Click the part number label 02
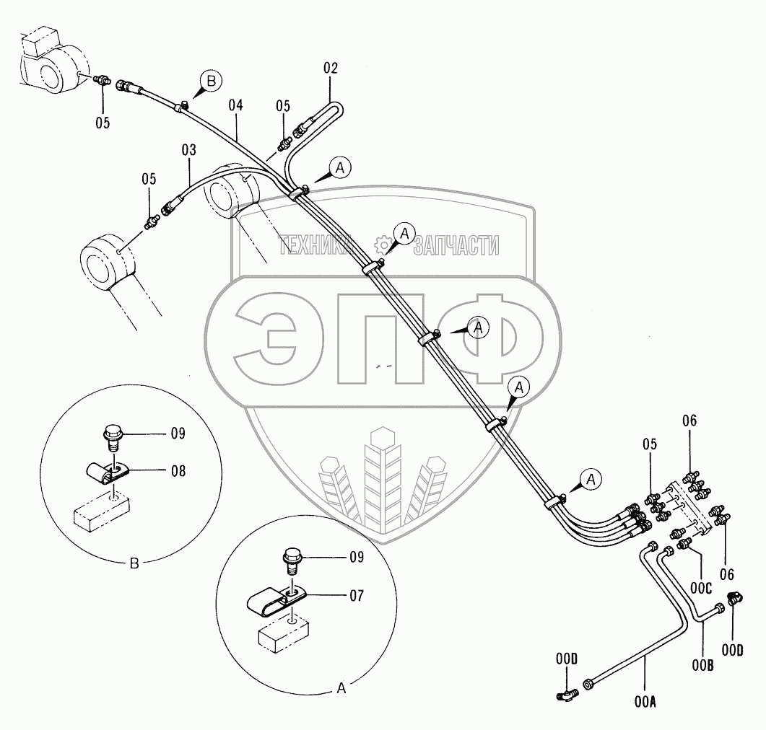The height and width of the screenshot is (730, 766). tap(331, 69)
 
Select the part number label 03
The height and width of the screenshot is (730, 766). tap(188, 151)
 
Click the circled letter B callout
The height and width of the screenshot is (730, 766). tap(211, 82)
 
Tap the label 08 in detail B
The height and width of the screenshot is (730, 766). tap(177, 471)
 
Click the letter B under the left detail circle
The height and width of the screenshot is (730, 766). tap(134, 564)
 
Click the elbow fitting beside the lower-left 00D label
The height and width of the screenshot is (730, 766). tap(567, 695)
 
